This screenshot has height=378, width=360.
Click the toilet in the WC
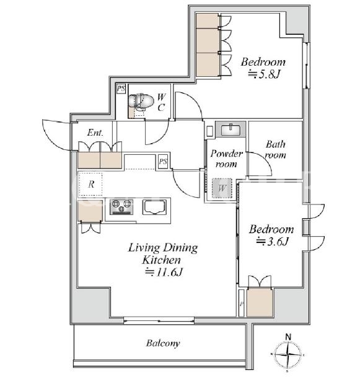141,102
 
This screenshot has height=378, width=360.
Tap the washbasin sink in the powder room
230,130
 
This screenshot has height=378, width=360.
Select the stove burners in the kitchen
121,207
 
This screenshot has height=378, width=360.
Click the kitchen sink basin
154,207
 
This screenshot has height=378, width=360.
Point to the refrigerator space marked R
90,185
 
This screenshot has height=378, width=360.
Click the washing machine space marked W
222,188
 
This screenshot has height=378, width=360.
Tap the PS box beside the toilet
121,89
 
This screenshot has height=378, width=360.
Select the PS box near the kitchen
163,161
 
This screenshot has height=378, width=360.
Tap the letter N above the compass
288,336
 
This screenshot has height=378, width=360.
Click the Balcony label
163,343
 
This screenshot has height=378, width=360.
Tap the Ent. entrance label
95,133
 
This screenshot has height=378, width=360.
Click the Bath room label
276,149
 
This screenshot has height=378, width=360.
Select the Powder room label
226,159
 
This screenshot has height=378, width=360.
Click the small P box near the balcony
242,304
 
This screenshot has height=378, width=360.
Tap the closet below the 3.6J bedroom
260,302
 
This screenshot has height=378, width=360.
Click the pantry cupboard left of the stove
90,211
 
